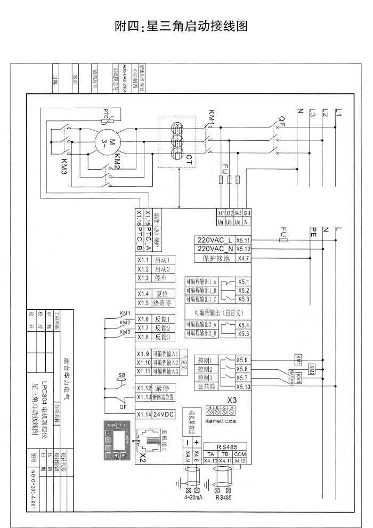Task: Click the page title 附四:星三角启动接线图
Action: point(182,26)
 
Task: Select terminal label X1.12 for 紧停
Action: point(143,388)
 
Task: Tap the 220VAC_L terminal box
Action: point(215,240)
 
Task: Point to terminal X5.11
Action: point(244,240)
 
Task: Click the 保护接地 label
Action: point(215,259)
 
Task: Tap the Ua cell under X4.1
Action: point(221,220)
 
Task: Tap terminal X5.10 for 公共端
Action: point(244,387)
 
